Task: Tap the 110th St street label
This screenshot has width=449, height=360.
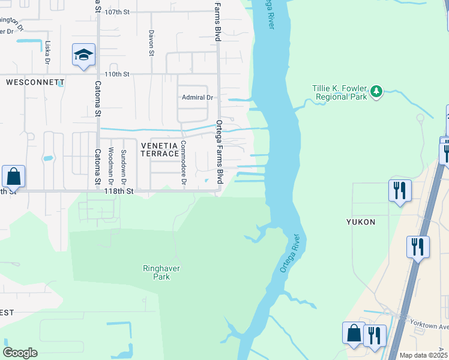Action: click(117, 74)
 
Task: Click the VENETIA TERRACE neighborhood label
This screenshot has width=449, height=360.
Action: click(160, 149)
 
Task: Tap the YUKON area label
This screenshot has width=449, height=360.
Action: click(361, 222)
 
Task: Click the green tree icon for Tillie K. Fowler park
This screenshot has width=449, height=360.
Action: click(376, 91)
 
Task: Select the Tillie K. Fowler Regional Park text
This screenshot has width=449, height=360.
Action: click(339, 92)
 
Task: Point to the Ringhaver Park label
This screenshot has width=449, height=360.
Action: click(161, 273)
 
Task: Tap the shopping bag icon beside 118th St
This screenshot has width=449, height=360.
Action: click(13, 176)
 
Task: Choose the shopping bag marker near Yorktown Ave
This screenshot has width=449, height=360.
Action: click(354, 334)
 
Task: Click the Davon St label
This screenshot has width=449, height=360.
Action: click(151, 43)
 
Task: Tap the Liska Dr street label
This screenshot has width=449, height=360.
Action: click(47, 52)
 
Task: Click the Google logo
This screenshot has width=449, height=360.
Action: click(20, 352)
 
